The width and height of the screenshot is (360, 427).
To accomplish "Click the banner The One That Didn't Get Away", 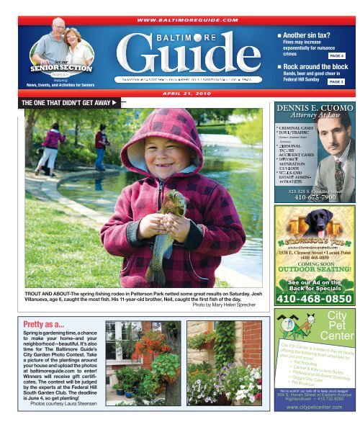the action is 64,102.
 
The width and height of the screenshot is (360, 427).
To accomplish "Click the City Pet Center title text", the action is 336,325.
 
